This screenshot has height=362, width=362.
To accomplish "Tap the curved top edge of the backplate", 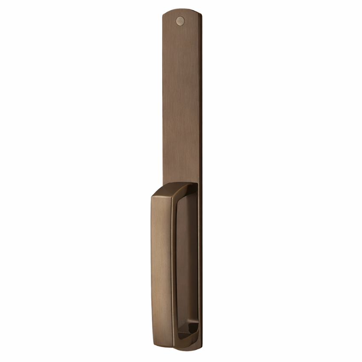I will (180, 10).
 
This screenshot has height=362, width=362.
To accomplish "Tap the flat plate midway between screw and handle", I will (180, 102).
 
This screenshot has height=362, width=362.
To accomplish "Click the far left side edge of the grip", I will (151, 264).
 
